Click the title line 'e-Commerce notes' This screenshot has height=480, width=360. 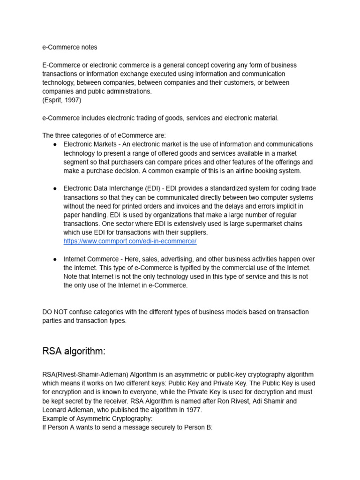tap(70, 47)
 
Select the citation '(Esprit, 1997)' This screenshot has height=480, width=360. tap(61, 100)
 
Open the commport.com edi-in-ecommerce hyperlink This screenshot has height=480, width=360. tap(130, 241)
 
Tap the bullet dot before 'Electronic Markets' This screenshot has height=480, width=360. tap(55, 144)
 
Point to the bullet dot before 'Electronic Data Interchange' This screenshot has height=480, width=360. tap(55, 188)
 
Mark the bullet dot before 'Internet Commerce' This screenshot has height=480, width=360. tap(55, 259)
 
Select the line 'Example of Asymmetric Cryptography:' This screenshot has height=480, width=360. tap(97, 419)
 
